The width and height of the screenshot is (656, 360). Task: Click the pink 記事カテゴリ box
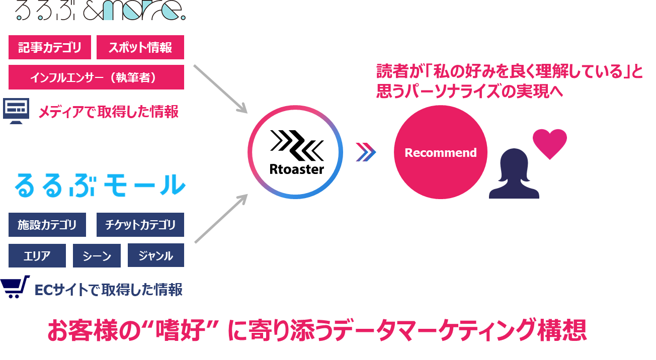(x=50, y=47)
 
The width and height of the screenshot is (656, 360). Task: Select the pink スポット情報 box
(x=140, y=47)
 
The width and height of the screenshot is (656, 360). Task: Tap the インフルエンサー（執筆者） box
(x=97, y=77)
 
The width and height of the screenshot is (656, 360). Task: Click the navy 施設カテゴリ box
(x=47, y=224)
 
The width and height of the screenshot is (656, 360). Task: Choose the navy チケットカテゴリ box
(x=140, y=224)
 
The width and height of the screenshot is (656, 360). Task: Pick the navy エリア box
(x=37, y=255)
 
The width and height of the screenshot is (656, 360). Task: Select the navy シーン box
(x=97, y=255)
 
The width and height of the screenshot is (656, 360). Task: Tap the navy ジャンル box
(x=156, y=255)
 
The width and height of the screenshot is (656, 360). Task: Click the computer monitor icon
(x=16, y=111)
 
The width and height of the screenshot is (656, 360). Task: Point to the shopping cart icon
(x=15, y=287)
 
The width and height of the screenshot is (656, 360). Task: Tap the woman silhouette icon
(x=514, y=173)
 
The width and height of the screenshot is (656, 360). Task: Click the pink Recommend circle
(x=441, y=152)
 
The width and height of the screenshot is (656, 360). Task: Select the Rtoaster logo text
(x=297, y=169)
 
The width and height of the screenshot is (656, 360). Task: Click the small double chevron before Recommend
(x=366, y=152)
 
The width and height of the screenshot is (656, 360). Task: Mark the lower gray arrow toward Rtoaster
(x=221, y=219)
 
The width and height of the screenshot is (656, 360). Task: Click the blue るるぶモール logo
(x=100, y=185)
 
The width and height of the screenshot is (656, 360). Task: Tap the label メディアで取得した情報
(x=108, y=112)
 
